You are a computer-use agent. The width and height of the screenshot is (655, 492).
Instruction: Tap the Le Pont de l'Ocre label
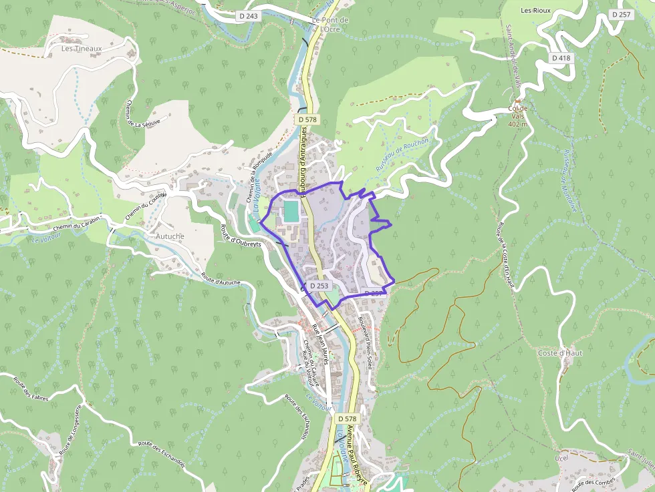[x=327, y=24]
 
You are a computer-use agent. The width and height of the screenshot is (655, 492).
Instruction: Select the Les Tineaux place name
[x=82, y=48]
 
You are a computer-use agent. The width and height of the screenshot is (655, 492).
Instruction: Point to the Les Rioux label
[x=535, y=11]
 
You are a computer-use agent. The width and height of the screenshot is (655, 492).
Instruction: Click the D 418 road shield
[x=561, y=58]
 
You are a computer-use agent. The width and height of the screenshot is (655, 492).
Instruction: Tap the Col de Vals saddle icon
[x=517, y=101]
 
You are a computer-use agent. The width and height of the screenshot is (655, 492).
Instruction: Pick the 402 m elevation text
[x=518, y=124]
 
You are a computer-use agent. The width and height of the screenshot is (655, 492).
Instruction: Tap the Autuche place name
[x=170, y=236]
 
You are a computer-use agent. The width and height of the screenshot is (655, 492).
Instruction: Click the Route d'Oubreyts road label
[x=241, y=236]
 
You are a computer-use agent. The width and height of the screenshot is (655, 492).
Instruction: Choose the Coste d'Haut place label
[x=561, y=352]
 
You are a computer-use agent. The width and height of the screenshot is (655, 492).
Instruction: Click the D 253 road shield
[x=319, y=286]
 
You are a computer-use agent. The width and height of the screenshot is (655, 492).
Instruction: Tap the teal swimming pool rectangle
[x=291, y=212]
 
